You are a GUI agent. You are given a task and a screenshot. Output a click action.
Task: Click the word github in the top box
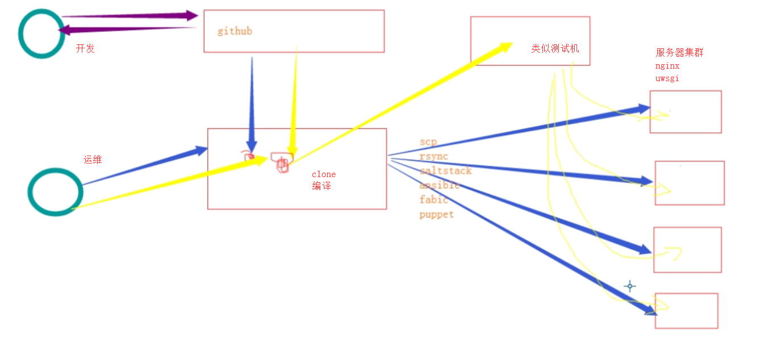(x=235, y=31)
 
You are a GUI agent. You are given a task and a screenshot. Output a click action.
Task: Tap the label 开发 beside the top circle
(x=85, y=49)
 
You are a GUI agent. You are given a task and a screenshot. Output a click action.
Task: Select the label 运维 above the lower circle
(x=93, y=160)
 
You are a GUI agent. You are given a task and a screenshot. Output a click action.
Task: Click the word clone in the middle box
(x=324, y=174)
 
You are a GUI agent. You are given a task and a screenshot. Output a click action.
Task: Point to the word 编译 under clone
(x=321, y=186)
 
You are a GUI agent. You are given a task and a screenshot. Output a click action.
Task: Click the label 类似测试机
(x=555, y=49)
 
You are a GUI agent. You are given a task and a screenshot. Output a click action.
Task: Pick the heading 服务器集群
(x=679, y=53)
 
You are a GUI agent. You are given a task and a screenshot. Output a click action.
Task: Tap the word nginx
(x=667, y=66)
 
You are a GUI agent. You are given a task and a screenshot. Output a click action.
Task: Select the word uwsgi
(x=667, y=78)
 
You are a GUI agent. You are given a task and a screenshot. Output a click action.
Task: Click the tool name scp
(x=428, y=142)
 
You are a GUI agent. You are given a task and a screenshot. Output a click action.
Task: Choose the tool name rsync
(x=434, y=156)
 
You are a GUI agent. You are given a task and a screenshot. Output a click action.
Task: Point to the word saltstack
(x=445, y=170)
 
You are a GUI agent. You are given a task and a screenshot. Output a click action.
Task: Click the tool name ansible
(x=440, y=185)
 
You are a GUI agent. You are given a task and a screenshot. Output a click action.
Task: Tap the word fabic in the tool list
(x=434, y=199)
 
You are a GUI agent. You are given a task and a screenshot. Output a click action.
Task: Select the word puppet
(x=437, y=215)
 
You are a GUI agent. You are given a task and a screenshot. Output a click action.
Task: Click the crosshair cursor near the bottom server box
(x=629, y=286)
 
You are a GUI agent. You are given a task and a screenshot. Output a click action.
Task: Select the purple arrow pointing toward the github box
(x=131, y=16)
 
